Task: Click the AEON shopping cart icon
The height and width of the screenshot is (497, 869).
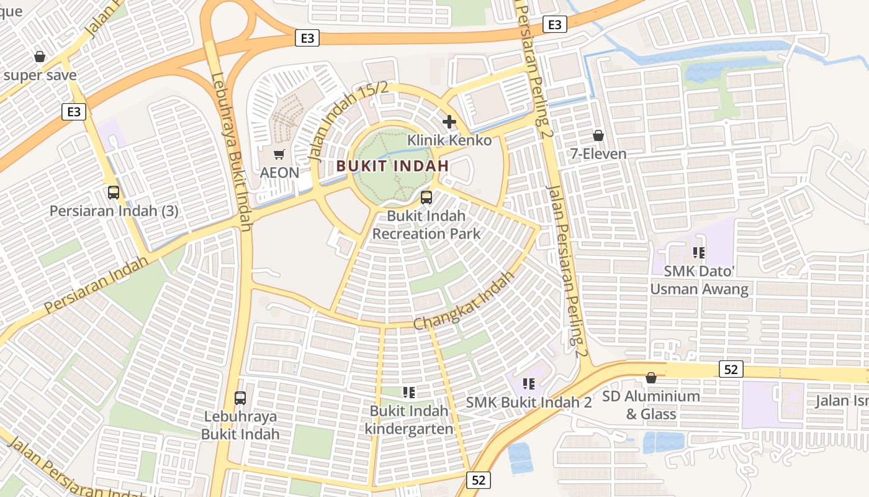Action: coord(279,154)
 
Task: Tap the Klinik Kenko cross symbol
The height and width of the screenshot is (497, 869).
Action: coord(449,122)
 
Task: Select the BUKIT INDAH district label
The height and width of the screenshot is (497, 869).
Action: coord(392,166)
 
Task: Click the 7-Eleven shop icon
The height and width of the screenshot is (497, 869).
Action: coord(598,135)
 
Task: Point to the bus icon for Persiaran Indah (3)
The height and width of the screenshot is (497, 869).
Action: coord(114,193)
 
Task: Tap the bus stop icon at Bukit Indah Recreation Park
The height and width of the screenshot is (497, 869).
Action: coord(426,198)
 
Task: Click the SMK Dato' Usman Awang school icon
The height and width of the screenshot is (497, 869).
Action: coord(699,253)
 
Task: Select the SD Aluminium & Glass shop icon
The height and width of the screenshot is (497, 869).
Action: coord(651,378)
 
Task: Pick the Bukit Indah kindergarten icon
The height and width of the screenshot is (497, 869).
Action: coord(408,392)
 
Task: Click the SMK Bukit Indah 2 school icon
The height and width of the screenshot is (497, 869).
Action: coord(529,384)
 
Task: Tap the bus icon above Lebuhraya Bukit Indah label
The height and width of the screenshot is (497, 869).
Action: coord(240,398)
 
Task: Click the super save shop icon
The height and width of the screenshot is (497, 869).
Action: coord(40,57)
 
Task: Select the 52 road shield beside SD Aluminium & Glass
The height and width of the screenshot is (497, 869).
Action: coord(731,369)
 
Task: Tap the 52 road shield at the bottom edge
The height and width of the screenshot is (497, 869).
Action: coord(478,480)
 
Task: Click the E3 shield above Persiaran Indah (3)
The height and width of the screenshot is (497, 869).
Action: coord(74,112)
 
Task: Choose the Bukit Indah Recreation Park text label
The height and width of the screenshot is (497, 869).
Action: coord(426,225)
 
